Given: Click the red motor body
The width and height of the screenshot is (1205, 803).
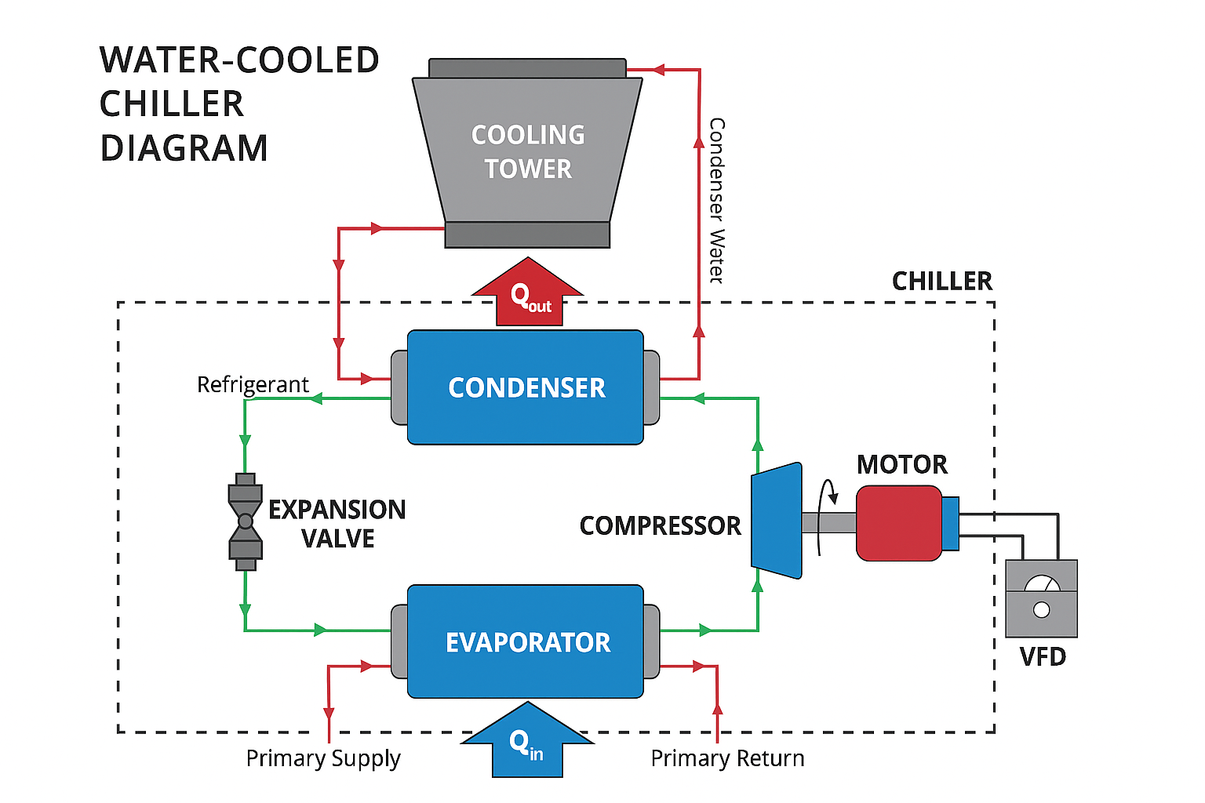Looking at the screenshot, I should click(898, 523).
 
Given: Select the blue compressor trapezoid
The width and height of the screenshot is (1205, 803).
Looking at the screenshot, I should click(777, 521).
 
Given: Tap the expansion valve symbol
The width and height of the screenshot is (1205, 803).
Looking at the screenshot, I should click(246, 521).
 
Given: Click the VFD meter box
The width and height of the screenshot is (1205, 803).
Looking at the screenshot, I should click(1041, 598).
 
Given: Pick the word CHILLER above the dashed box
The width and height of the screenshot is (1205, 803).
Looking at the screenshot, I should click(941, 281).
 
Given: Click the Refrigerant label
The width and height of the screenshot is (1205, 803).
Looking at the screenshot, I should click(253, 384).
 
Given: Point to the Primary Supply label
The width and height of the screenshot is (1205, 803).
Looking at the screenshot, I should click(322, 758).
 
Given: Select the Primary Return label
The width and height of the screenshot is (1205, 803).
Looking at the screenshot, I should click(727, 758).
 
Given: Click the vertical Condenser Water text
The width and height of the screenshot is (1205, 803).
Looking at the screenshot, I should click(716, 200).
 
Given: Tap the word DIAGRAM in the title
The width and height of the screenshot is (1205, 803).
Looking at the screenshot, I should click(184, 148).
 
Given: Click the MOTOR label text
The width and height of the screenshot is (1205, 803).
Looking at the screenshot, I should click(901, 464).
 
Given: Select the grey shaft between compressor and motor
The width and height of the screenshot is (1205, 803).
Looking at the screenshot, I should click(828, 522).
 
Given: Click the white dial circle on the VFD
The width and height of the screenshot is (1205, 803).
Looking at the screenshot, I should click(1041, 610).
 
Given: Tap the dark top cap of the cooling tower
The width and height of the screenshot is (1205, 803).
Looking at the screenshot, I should click(527, 68).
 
